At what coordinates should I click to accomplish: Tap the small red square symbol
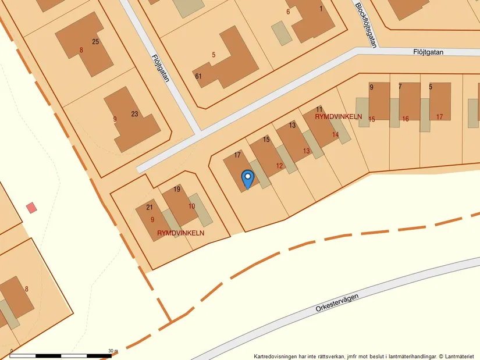click(31, 207)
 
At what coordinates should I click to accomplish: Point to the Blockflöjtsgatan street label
click(366, 24)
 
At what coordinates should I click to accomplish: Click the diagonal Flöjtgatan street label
click(160, 67)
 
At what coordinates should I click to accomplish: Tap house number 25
click(95, 41)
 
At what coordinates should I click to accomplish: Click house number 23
click(134, 114)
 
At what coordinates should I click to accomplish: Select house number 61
click(198, 76)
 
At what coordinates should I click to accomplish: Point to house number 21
click(150, 208)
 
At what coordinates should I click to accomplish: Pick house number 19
click(177, 190)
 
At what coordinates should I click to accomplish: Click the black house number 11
click(319, 109)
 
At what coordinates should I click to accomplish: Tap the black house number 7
click(400, 87)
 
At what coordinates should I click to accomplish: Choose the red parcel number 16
click(405, 119)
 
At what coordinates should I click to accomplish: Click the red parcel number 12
click(279, 166)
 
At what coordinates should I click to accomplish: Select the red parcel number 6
click(287, 12)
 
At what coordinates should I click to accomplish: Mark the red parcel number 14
click(335, 134)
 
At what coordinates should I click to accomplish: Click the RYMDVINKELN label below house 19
click(180, 233)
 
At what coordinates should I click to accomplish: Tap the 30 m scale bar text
click(113, 351)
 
